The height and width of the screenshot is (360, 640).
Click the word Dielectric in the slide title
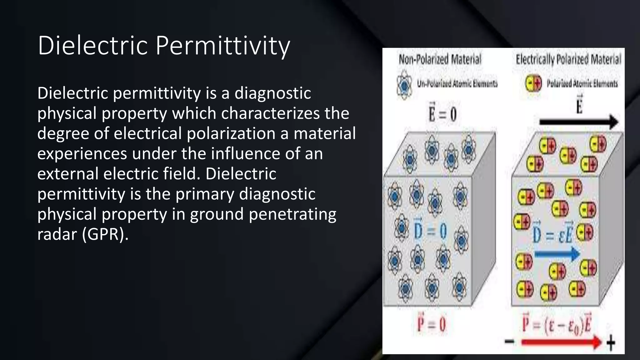click(x=93, y=46)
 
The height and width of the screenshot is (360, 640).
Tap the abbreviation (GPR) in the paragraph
click(x=105, y=234)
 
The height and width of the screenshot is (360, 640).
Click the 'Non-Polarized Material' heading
click(x=440, y=59)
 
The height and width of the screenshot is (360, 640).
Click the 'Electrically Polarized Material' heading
click(x=568, y=59)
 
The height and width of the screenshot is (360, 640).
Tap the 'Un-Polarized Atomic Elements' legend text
click(x=457, y=84)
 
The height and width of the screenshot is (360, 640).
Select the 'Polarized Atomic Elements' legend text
click(x=582, y=84)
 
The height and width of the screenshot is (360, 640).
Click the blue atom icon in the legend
click(x=405, y=85)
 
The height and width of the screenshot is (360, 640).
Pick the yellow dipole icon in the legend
click(x=533, y=83)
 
